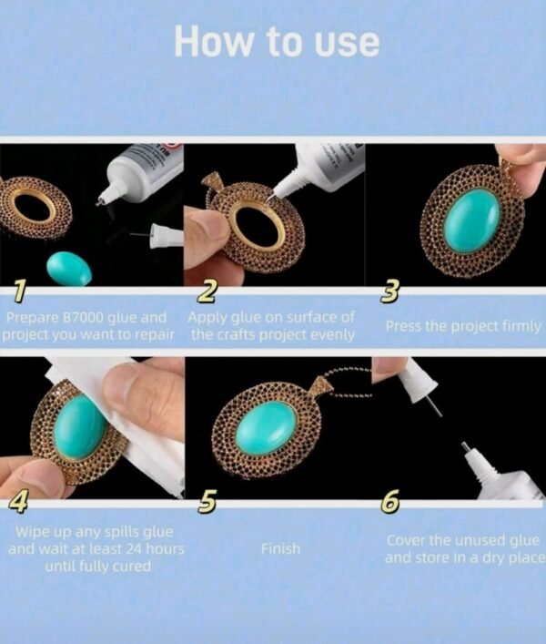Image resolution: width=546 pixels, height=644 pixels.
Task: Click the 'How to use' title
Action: click(277, 42)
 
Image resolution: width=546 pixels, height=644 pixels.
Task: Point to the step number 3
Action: click(389, 291)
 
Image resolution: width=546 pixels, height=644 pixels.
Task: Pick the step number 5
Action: click(207, 502)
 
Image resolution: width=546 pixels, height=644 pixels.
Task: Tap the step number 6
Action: click(390, 502)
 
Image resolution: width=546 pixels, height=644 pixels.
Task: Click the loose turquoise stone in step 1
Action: click(69, 269)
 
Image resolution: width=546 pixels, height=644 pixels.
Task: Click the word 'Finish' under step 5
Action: click(280, 548)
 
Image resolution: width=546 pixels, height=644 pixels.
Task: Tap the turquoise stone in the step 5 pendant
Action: click(266, 428)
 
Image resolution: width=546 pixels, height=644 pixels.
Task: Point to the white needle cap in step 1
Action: click(166, 236)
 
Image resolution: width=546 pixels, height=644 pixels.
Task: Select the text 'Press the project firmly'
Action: click(463, 326)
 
